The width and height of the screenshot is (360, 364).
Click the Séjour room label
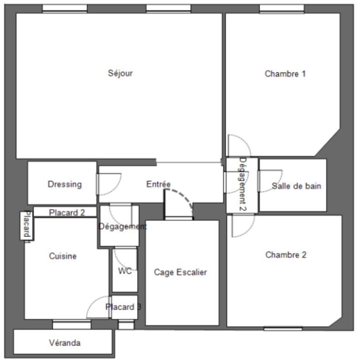pos(121,73)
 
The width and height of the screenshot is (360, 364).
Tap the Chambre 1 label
pos(285,74)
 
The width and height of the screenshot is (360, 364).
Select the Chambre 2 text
pos(286,255)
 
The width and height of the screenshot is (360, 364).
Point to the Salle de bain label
pos(296,186)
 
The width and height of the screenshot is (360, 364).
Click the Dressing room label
pos(65,184)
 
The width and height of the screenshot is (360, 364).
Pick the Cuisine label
pos(63,256)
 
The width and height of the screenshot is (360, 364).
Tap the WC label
pos(125,271)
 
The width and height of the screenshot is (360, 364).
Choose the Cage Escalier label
pos(180,273)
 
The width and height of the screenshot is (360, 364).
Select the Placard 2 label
pos(67,212)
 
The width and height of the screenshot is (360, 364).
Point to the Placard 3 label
pos(123,307)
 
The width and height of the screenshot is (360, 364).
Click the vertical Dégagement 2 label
pos(243,184)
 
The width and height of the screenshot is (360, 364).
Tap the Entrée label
pos(158,184)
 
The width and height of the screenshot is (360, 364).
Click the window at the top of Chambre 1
pos(281,9)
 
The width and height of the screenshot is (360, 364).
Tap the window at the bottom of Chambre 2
pos(283,328)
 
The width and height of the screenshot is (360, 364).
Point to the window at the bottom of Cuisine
pos(71,324)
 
